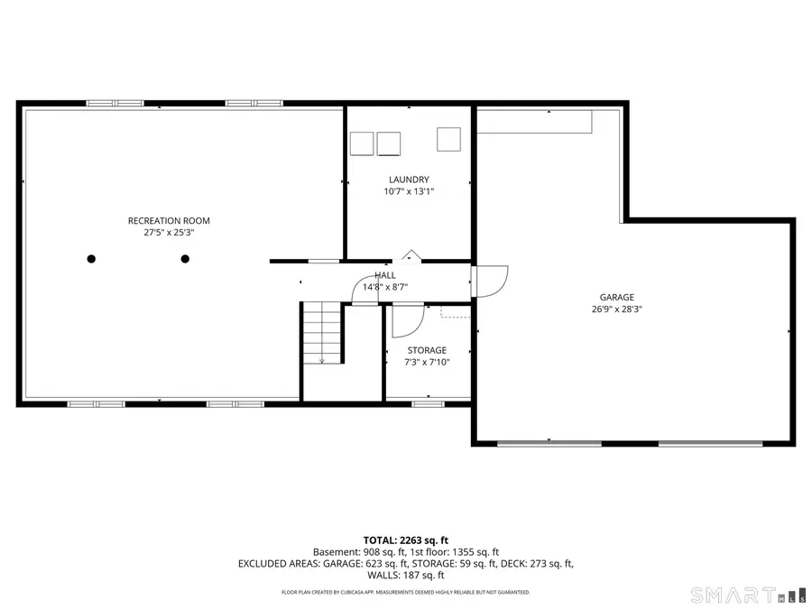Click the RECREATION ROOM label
tap(169, 221)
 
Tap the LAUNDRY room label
tap(409, 180)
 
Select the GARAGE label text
tap(617, 297)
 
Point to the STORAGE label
tap(427, 351)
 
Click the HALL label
tap(385, 275)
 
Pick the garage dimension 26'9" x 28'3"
tap(617, 309)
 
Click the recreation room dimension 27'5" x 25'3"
tap(169, 233)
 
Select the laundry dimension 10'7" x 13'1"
tap(409, 191)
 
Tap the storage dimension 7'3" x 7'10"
tap(427, 363)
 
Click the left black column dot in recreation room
tap(91, 259)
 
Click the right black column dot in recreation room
tap(185, 259)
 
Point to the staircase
tap(322, 332)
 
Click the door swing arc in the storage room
tap(417, 328)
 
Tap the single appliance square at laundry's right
tap(448, 139)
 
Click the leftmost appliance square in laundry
tap(362, 143)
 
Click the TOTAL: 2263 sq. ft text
tap(406, 540)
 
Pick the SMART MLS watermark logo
tap(750, 595)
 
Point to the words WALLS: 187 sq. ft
tap(406, 576)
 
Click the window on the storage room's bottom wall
tap(429, 404)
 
